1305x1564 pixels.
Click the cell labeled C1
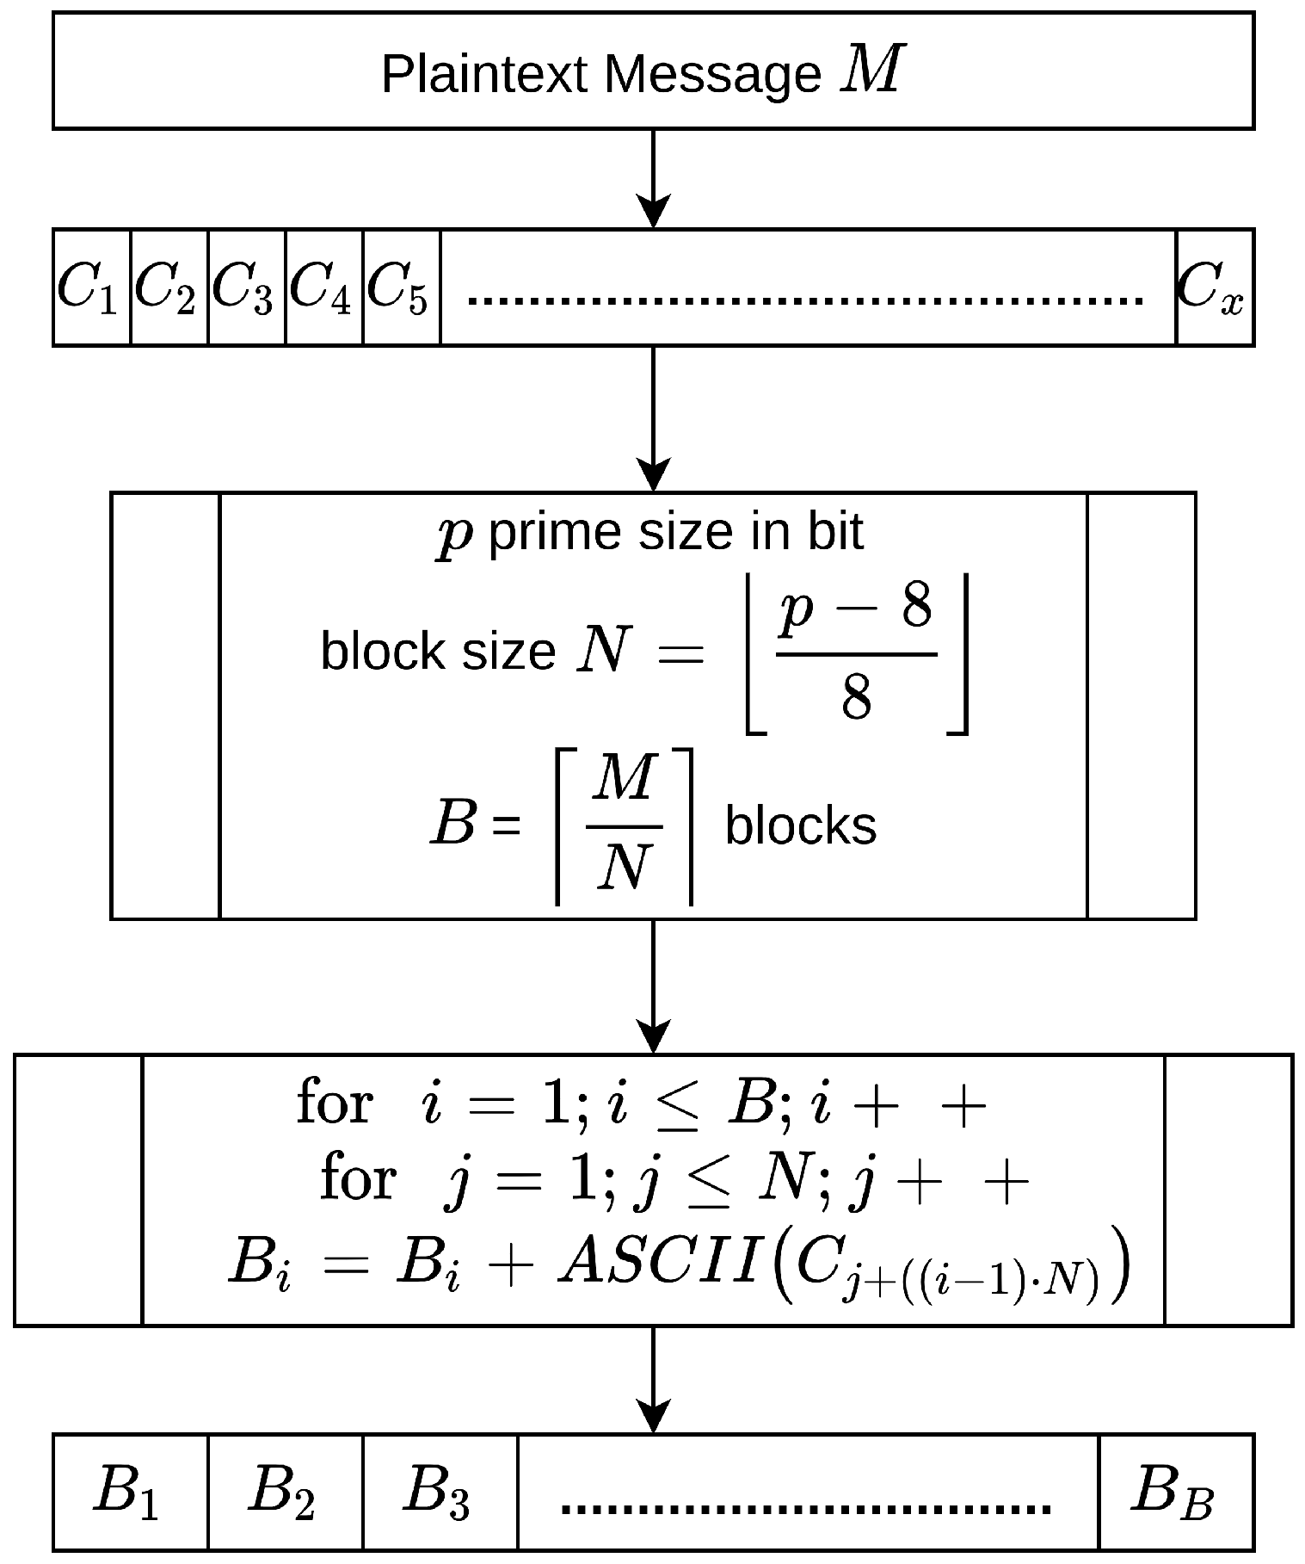coord(91,287)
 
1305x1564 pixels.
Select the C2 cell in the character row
coord(169,287)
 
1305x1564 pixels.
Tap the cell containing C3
coord(246,287)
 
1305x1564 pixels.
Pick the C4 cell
coord(323,287)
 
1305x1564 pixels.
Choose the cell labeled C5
coord(401,287)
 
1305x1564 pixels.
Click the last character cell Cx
coord(1214,287)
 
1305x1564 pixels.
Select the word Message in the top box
coord(713,74)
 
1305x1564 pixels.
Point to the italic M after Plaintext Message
coord(872,71)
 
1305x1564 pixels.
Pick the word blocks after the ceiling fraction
coord(801,825)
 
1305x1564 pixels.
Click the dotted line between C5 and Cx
coord(805,300)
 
